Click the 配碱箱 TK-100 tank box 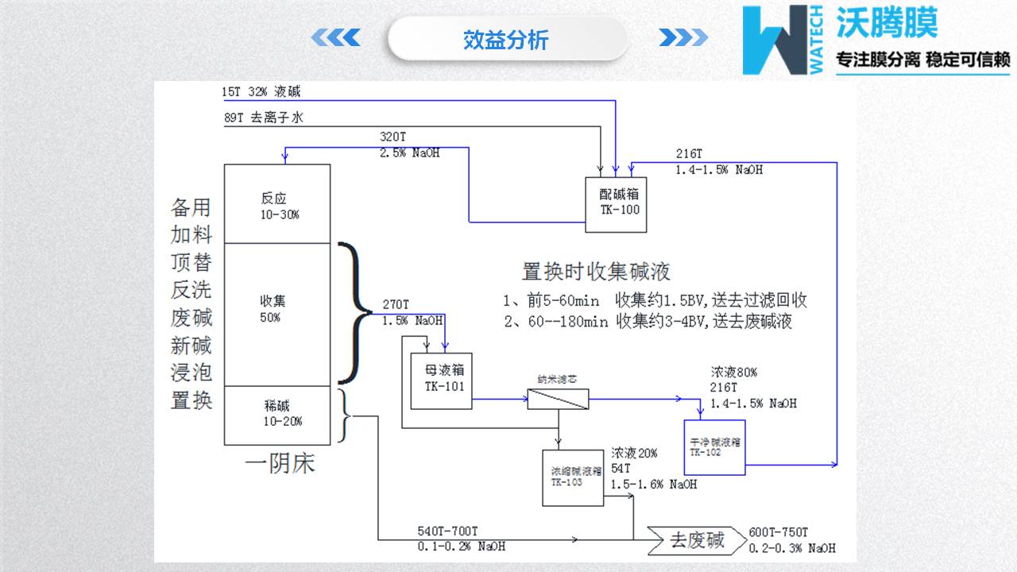[x=616, y=204]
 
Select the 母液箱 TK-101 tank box [x=441, y=380]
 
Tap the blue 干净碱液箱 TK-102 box [x=714, y=447]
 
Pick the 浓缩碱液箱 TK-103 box [x=572, y=477]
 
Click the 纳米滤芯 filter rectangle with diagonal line [x=558, y=398]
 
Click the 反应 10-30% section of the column [x=277, y=204]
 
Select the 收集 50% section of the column [x=277, y=314]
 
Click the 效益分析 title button [x=506, y=40]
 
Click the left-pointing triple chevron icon [x=335, y=37]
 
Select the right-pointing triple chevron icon [x=683, y=37]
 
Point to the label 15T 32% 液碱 [x=261, y=92]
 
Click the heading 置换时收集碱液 [x=596, y=272]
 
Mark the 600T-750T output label [x=779, y=532]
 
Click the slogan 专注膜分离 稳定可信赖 [x=922, y=60]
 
